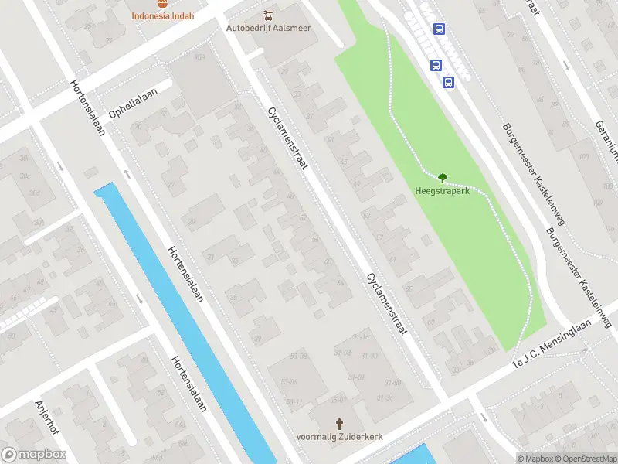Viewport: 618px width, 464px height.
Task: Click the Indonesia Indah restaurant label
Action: [x=162, y=15]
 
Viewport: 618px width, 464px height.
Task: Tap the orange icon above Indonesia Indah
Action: [x=162, y=3]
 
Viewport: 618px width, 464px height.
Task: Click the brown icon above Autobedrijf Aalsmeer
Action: [x=268, y=15]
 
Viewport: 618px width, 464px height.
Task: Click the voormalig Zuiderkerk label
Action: [x=340, y=436]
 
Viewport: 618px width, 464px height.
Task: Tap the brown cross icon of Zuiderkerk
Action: [x=340, y=424]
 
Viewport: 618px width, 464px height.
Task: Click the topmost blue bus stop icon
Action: [x=439, y=29]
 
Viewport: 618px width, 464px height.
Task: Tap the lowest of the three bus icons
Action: [x=448, y=81]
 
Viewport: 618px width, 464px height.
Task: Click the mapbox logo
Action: [x=33, y=455]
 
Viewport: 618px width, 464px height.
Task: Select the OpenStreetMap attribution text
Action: [x=585, y=459]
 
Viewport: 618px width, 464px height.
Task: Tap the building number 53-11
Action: [x=294, y=402]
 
